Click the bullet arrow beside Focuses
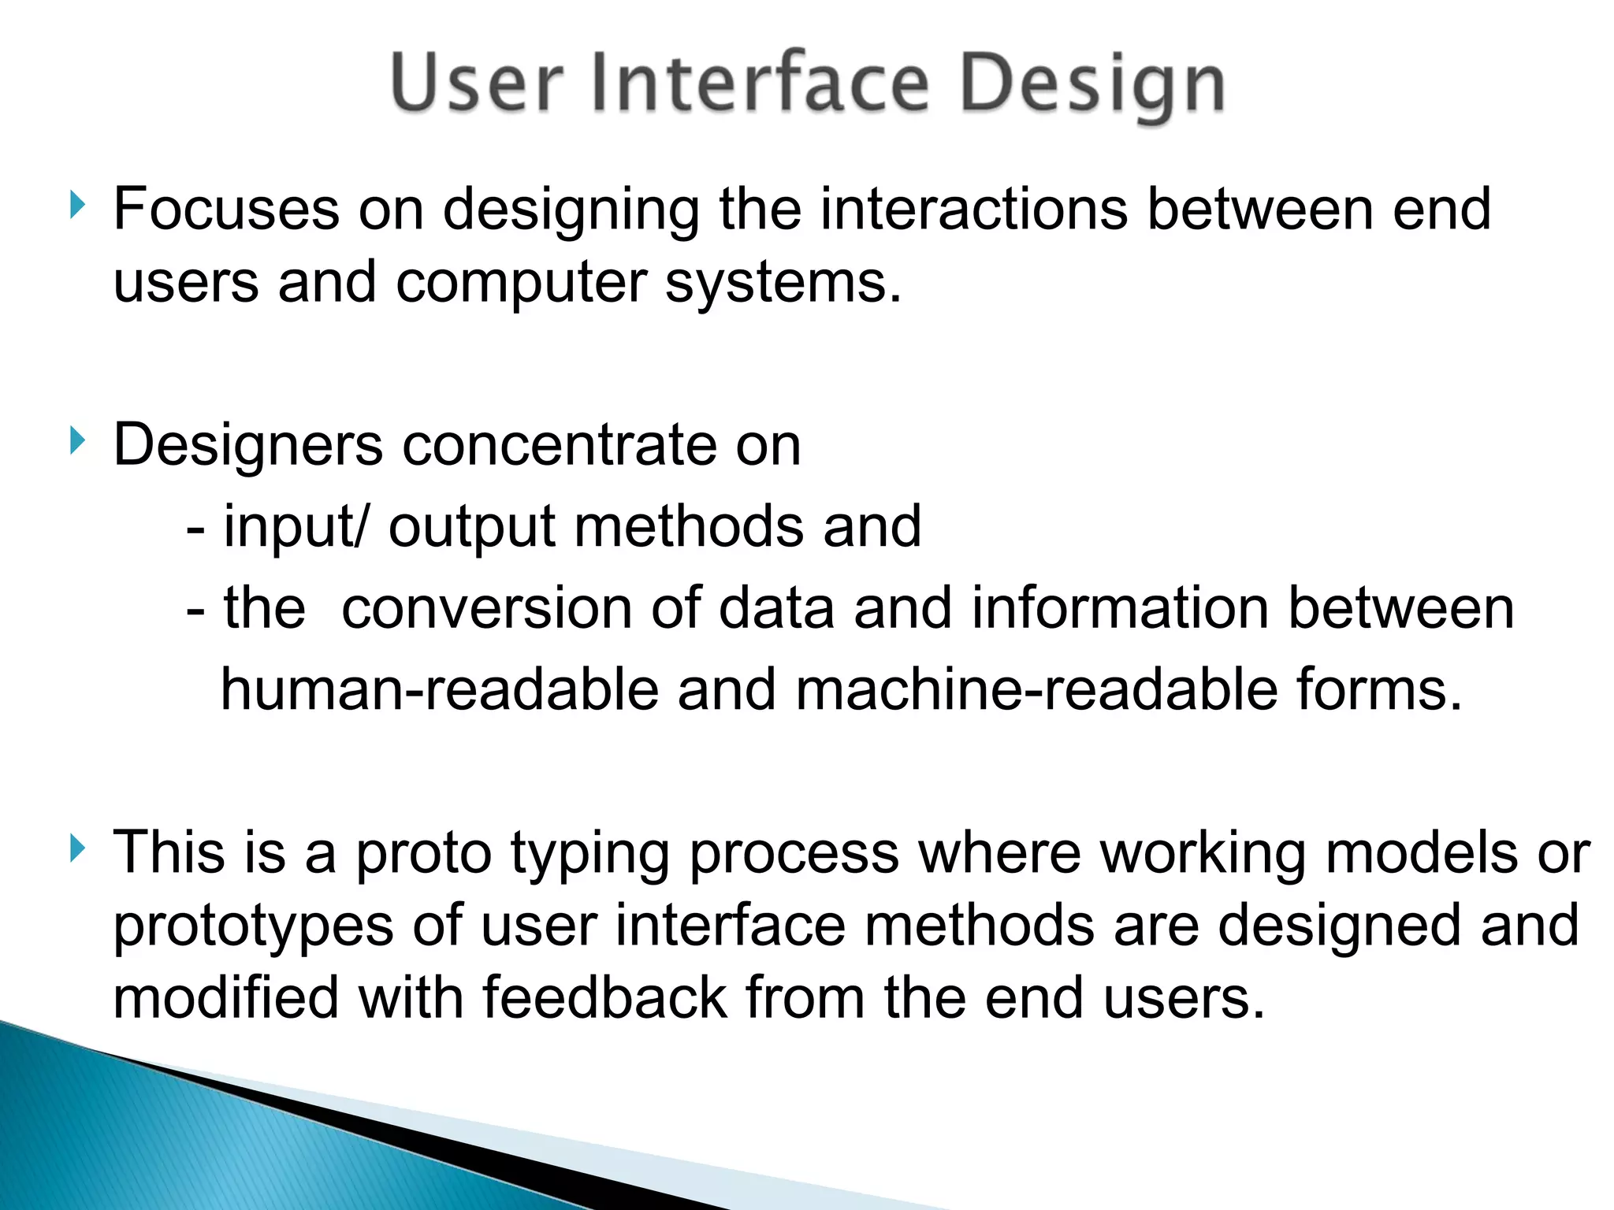coord(76,206)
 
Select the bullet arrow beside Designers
coord(76,440)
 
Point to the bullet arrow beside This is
coord(76,848)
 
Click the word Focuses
coord(226,210)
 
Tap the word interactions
coord(974,210)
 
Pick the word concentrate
coord(560,446)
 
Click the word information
coord(1120,609)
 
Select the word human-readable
coord(439,690)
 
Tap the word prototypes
coord(253,927)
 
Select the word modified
coord(225,998)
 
